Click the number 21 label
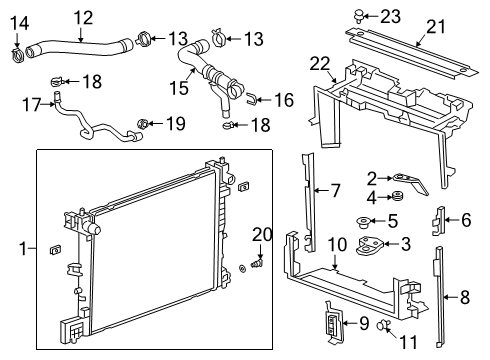[435, 27]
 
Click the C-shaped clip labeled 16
[253, 99]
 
